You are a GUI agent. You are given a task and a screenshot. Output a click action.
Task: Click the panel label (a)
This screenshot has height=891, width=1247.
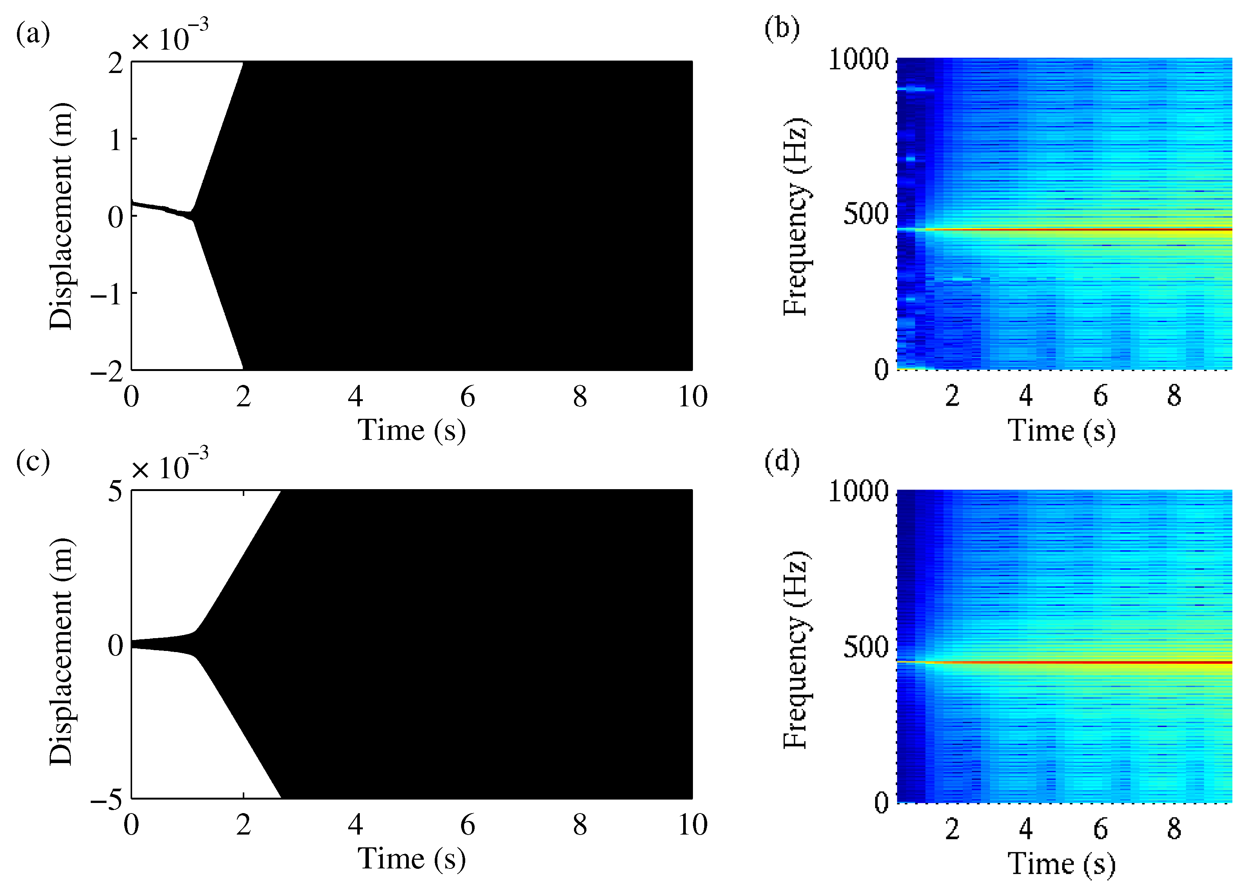point(33,34)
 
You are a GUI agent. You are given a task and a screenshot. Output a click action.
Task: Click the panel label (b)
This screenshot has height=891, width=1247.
point(781,27)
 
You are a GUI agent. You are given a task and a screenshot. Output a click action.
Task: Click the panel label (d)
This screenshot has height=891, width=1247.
point(781,461)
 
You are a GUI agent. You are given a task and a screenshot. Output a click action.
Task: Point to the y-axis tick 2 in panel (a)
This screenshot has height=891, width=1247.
point(115,64)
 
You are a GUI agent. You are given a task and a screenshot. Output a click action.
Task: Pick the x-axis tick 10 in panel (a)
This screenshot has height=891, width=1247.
point(693,396)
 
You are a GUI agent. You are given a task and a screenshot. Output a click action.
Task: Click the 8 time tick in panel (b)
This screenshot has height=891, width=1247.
point(1174,395)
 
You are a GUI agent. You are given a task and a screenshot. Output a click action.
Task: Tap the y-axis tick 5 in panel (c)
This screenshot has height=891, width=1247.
point(115,491)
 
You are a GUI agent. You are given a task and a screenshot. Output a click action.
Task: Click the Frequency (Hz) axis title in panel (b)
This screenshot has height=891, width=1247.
point(796,216)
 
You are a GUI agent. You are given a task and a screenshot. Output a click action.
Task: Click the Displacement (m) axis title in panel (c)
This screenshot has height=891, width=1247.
point(61,651)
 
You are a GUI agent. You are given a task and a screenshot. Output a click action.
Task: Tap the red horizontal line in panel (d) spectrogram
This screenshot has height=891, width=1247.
point(1098,663)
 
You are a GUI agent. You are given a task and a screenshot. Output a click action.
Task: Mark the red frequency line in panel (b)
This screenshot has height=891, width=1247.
point(1098,229)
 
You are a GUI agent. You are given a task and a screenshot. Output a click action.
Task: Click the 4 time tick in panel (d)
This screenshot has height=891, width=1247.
point(1026,829)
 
